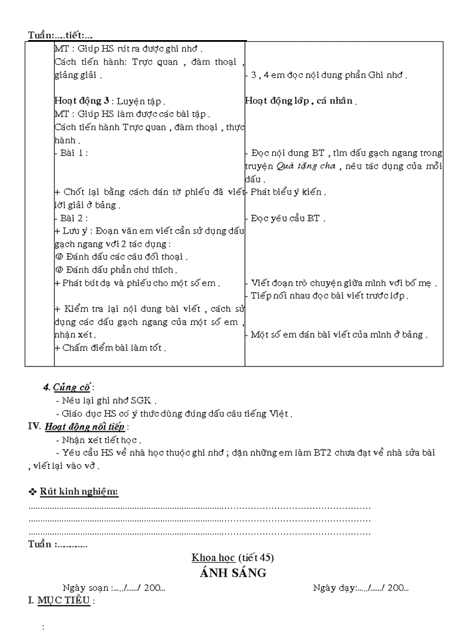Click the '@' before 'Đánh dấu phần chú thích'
click(x=58, y=270)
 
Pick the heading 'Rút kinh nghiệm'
click(x=79, y=492)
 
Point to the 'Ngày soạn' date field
click(x=114, y=587)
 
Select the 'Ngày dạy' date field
click(x=361, y=587)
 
